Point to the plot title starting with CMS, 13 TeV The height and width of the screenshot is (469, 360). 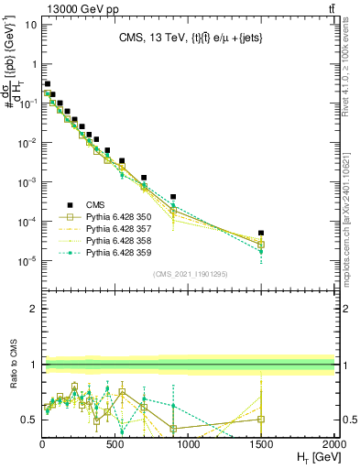tap(189, 38)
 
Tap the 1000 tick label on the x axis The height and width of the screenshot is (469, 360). tap(189, 443)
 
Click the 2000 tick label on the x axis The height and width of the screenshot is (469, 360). tap(334, 443)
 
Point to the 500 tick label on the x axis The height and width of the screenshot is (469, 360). tap(115, 443)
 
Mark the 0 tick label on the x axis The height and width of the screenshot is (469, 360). tap(42, 443)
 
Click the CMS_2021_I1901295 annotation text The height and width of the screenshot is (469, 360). tap(189, 274)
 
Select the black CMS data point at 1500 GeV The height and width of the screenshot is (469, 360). tap(261, 234)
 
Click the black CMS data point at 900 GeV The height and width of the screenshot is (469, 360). tap(173, 197)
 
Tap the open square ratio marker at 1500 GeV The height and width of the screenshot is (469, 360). tap(261, 420)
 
